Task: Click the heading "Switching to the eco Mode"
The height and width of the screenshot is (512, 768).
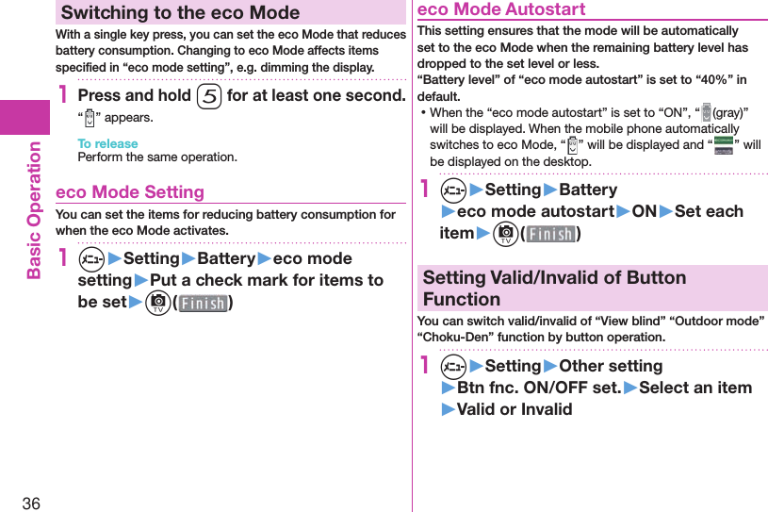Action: click(x=180, y=13)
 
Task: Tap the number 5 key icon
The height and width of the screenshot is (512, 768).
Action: click(x=208, y=96)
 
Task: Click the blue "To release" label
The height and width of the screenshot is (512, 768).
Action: click(x=107, y=143)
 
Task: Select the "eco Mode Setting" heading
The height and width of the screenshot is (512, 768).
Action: click(x=130, y=191)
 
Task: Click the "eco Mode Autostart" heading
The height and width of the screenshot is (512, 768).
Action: click(x=501, y=9)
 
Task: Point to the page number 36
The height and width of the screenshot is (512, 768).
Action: click(x=31, y=503)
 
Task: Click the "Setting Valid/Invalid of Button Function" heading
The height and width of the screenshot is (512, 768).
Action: click(x=554, y=288)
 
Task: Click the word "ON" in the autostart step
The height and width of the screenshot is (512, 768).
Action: click(x=645, y=211)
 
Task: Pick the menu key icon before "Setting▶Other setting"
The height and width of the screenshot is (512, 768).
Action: click(x=453, y=366)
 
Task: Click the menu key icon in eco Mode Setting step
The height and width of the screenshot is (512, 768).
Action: click(x=91, y=258)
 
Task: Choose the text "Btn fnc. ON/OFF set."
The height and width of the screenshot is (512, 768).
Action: click(x=539, y=388)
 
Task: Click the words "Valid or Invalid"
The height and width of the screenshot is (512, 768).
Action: click(x=515, y=409)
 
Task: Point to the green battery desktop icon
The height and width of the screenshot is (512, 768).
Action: click(x=724, y=145)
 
